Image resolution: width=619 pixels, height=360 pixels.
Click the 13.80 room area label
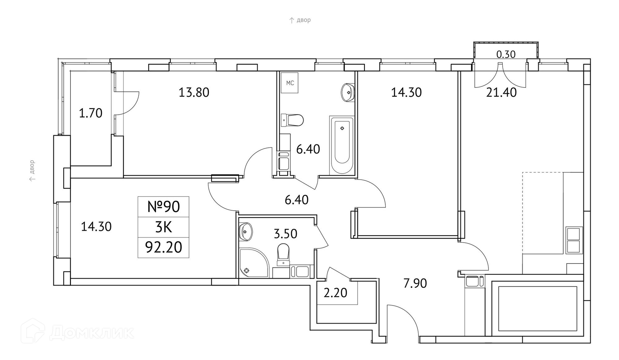(194, 93)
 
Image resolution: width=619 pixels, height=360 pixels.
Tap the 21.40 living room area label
(501, 93)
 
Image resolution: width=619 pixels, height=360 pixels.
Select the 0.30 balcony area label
(506, 55)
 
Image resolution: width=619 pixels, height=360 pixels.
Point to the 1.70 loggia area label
(91, 114)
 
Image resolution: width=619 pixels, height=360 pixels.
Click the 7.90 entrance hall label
(415, 284)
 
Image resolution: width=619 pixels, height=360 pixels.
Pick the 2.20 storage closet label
(335, 293)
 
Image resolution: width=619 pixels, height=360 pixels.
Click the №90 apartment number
(163, 207)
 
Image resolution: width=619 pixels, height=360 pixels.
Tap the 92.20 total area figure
(163, 247)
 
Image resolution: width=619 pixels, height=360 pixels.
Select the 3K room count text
(163, 227)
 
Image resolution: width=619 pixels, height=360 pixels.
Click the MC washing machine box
(290, 83)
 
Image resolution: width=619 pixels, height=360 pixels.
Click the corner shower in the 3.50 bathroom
(252, 263)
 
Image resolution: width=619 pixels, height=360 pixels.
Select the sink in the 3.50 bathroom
(246, 231)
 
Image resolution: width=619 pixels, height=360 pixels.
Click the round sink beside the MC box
(348, 92)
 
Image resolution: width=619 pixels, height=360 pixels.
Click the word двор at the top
(303, 20)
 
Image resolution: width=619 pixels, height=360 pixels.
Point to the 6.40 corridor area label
(296, 200)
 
